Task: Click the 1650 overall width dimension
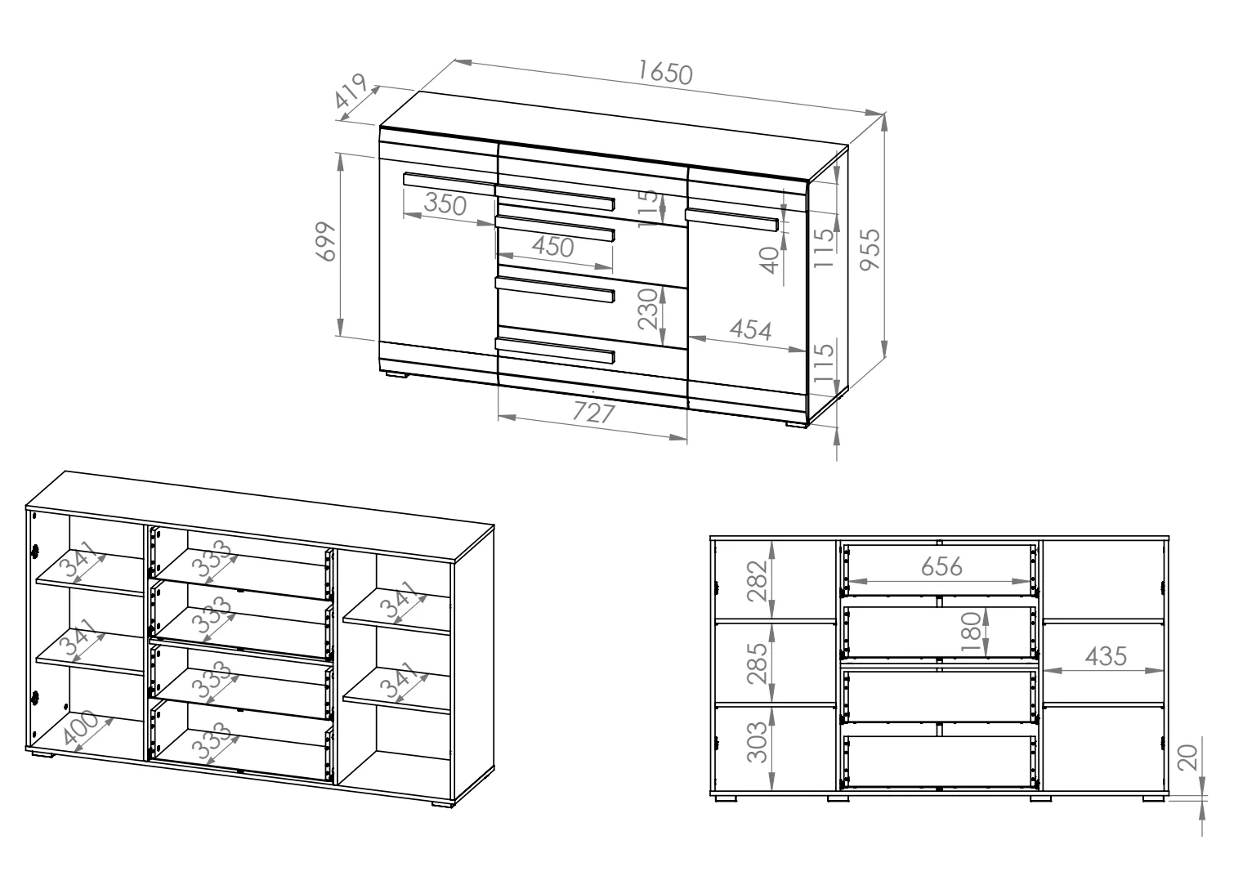pyautogui.click(x=665, y=74)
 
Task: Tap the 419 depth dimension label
pyautogui.click(x=351, y=91)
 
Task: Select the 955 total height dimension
pyautogui.click(x=871, y=249)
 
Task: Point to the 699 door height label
pyautogui.click(x=325, y=241)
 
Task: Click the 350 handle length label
pyautogui.click(x=445, y=203)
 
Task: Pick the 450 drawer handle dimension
pyautogui.click(x=552, y=246)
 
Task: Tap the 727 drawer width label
pyautogui.click(x=593, y=413)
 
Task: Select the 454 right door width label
pyautogui.click(x=750, y=329)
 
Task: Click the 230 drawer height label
pyautogui.click(x=648, y=309)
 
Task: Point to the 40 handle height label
pyautogui.click(x=770, y=260)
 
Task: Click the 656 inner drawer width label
pyautogui.click(x=941, y=566)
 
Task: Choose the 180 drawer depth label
pyautogui.click(x=971, y=632)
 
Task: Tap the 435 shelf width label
pyautogui.click(x=1106, y=656)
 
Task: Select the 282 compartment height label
pyautogui.click(x=758, y=581)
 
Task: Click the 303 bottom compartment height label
pyautogui.click(x=757, y=742)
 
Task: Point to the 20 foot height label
pyautogui.click(x=1187, y=758)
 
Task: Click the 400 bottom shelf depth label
pyautogui.click(x=81, y=727)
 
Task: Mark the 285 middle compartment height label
pyautogui.click(x=758, y=664)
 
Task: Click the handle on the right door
pyautogui.click(x=732, y=219)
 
